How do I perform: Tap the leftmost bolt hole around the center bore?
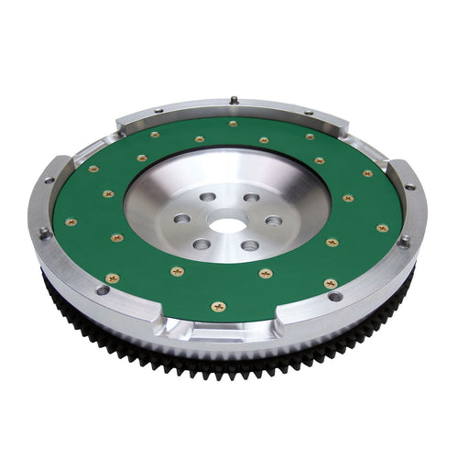click(x=181, y=220)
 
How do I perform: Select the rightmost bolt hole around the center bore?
click(x=273, y=221)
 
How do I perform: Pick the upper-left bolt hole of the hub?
click(x=207, y=197)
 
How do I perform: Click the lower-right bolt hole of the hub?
click(x=249, y=245)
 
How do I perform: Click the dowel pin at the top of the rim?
click(x=234, y=100)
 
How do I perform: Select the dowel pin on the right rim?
click(x=403, y=242)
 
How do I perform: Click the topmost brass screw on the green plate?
click(x=233, y=124)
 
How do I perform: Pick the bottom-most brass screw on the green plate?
click(x=217, y=306)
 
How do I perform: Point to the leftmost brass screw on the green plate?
click(x=71, y=222)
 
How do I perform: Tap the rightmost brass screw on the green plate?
click(x=382, y=227)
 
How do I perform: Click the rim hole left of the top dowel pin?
click(x=157, y=112)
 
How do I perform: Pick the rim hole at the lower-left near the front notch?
click(x=103, y=290)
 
